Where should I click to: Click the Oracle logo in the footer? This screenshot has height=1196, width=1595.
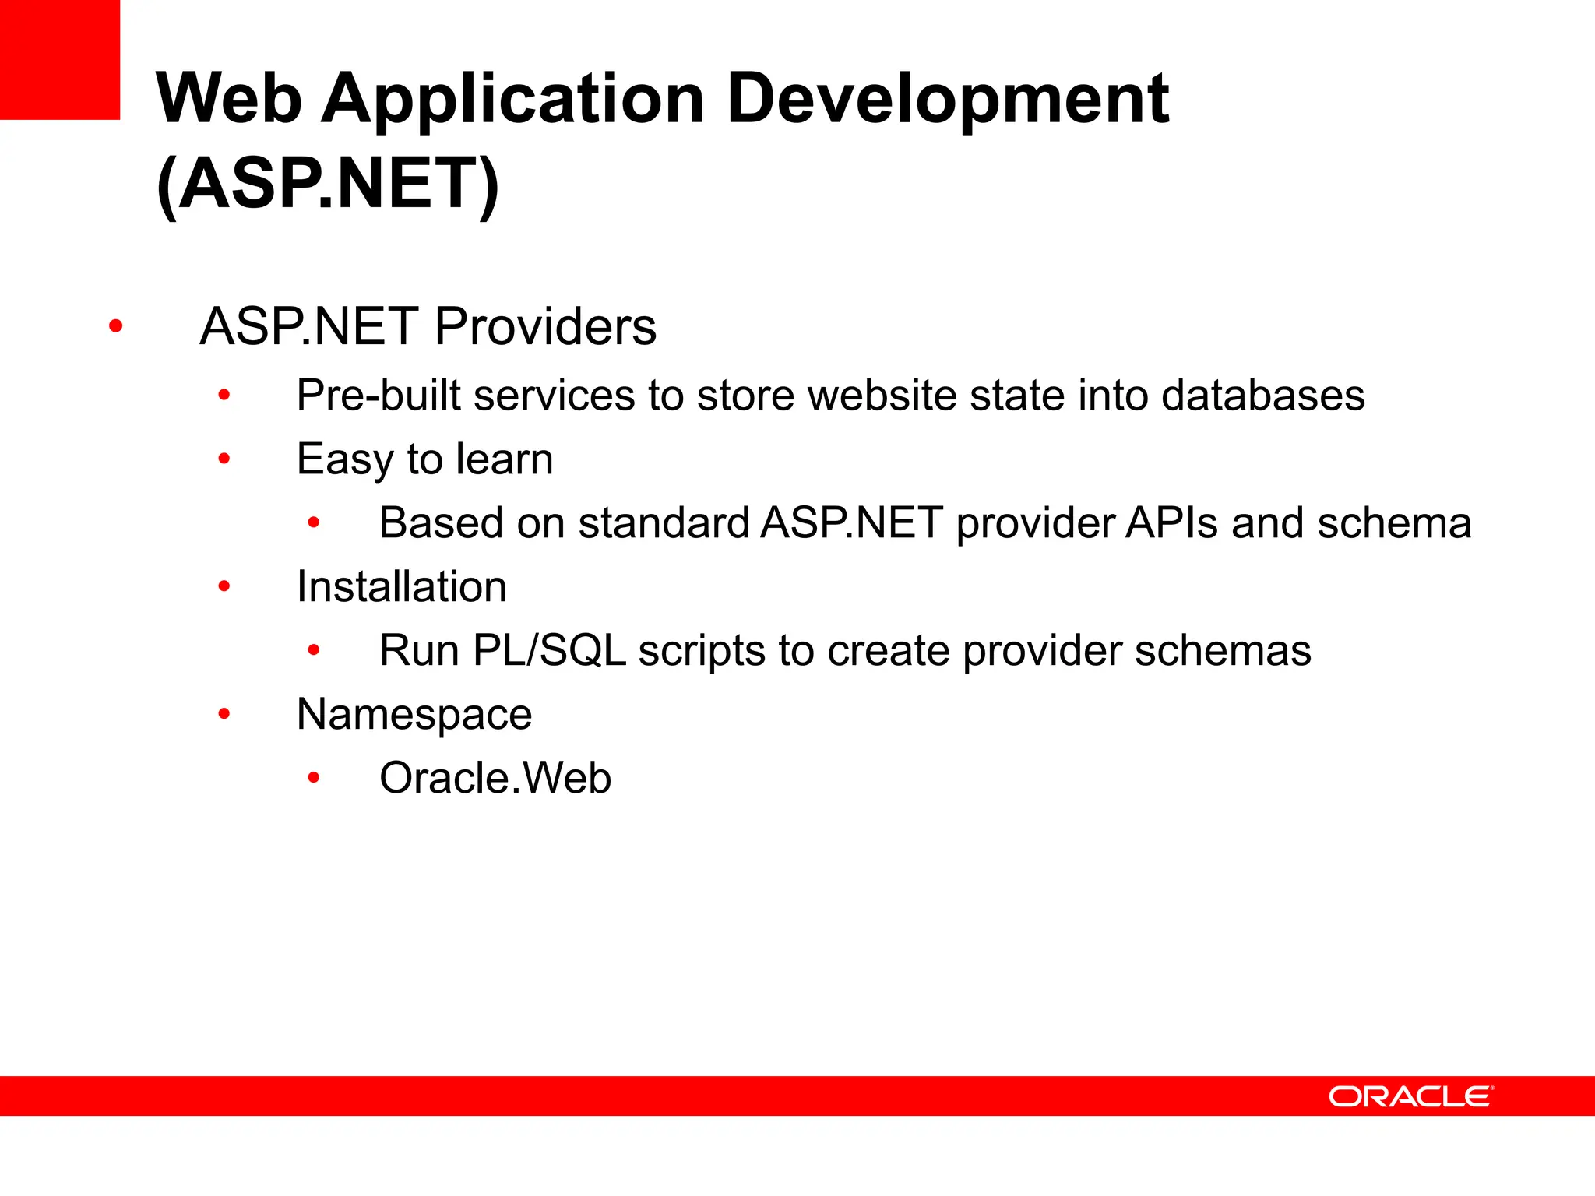point(1410,1096)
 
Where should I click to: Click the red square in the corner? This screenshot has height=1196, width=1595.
point(59,59)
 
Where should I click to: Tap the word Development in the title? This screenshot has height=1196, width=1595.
point(947,99)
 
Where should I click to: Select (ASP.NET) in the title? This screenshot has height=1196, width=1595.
point(327,184)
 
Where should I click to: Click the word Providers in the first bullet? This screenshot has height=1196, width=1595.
point(545,326)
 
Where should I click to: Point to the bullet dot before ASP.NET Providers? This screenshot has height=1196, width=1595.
point(116,325)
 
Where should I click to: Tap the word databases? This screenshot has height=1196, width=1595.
point(1262,396)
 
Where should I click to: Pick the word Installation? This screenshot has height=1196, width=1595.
point(402,586)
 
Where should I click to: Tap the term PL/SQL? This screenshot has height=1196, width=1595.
point(549,650)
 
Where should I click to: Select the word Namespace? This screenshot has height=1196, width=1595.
point(414,714)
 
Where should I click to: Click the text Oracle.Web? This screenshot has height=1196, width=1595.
point(495,778)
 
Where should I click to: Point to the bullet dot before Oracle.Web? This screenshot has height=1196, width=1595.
point(314,777)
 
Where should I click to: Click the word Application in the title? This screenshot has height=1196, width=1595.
point(513,99)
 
